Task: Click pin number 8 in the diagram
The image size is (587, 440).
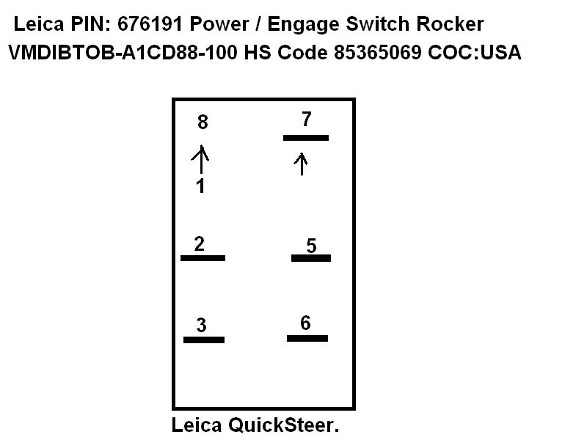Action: coord(203,122)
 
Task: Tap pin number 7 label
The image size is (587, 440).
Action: coord(307,118)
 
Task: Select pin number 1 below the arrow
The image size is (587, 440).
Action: coord(200,186)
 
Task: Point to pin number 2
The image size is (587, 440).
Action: coord(199,244)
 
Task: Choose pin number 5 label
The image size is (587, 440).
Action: coord(311,246)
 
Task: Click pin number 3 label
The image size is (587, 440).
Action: coord(201,325)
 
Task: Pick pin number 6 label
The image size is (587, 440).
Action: coord(305,323)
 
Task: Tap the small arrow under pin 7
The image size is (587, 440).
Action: coord(301,164)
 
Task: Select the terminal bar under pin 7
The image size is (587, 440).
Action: coord(306,137)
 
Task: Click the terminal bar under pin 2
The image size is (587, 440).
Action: coord(203,258)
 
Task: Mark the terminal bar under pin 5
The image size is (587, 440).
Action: coord(311,258)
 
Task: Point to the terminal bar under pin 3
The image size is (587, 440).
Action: coord(204,340)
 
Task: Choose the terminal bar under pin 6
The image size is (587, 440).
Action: coord(307,338)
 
